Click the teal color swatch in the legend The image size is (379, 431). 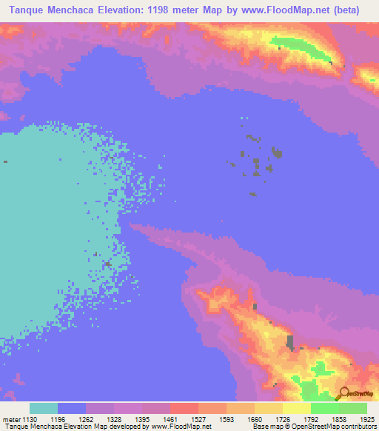[44, 408]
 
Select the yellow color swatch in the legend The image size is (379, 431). [297, 408]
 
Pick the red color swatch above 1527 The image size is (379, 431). [184, 408]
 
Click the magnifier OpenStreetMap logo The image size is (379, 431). [343, 393]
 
